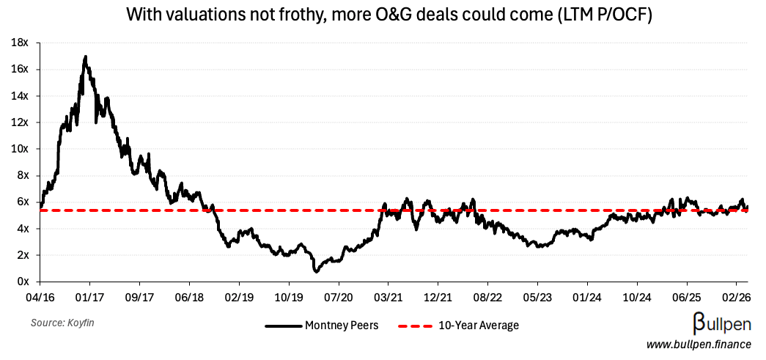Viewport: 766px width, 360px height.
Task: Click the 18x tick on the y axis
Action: point(19,43)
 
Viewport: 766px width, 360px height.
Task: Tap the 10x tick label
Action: point(19,149)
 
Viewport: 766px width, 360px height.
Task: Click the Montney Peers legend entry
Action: point(322,326)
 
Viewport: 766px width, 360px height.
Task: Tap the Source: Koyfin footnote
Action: point(62,323)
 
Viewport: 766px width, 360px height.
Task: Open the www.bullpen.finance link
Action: point(699,344)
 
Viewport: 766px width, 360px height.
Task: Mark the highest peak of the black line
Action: point(86,56)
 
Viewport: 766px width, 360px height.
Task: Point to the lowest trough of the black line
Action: point(316,271)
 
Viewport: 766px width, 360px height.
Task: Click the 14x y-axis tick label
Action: point(19,96)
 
